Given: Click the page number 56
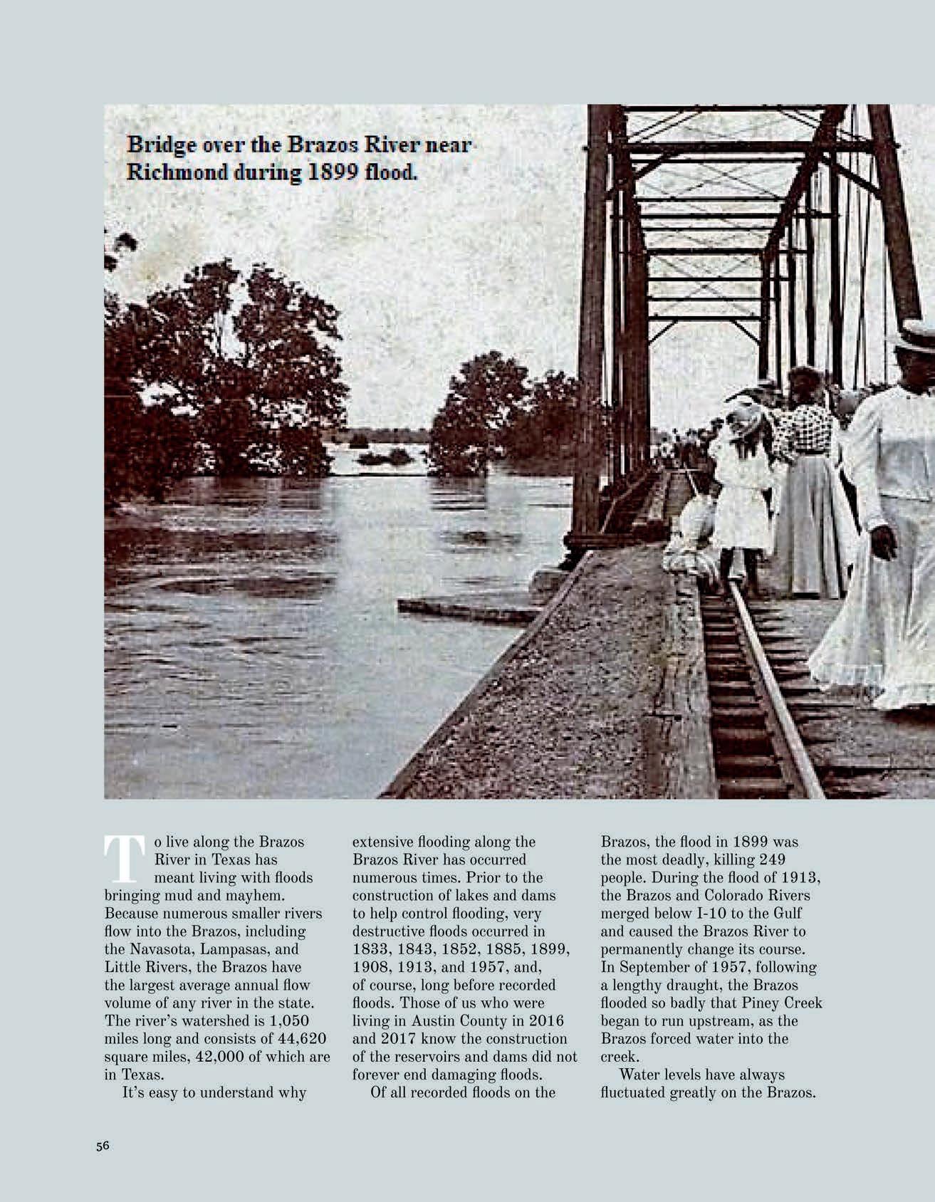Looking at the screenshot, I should pyautogui.click(x=103, y=1146).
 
